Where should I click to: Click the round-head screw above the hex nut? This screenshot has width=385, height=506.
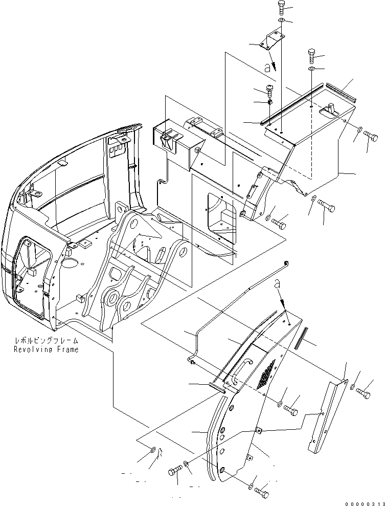pyautogui.click(x=271, y=92)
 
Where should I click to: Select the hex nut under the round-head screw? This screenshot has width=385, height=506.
pyautogui.click(x=270, y=102)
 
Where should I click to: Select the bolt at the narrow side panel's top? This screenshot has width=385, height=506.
pyautogui.click(x=364, y=393)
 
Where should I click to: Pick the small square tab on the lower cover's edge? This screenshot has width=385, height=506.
pyautogui.click(x=259, y=431)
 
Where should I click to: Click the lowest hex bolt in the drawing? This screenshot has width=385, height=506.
pyautogui.click(x=262, y=493)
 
